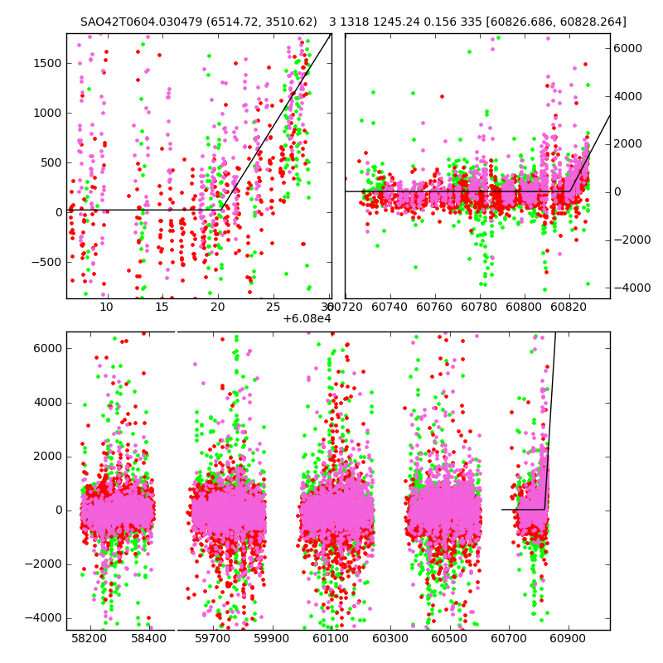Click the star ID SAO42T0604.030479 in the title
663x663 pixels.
(x=135, y=22)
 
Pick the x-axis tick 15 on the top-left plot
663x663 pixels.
(x=162, y=307)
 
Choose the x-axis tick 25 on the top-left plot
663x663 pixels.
(x=273, y=307)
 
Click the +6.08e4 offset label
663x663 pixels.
(x=306, y=319)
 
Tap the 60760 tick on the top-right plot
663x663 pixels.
(x=447, y=307)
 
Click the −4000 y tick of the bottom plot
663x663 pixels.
(x=45, y=618)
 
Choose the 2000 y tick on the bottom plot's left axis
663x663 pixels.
(x=47, y=457)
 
